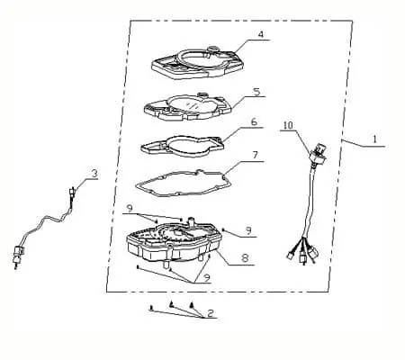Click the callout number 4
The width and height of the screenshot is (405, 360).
[x=261, y=34]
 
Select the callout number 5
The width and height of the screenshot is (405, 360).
[x=256, y=92]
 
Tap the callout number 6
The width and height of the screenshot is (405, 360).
[x=254, y=122]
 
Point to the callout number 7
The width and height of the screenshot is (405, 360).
[x=255, y=156]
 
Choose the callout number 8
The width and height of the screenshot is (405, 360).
[x=245, y=257]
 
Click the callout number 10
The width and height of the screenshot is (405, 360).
[x=288, y=125]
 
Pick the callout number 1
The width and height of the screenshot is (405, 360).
[x=374, y=139]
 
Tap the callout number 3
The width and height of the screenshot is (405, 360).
[x=94, y=174]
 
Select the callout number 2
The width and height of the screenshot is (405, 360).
[x=210, y=313]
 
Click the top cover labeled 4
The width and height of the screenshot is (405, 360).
[x=197, y=62]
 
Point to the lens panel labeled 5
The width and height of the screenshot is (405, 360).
[x=188, y=105]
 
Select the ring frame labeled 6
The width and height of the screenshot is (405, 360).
[x=183, y=146]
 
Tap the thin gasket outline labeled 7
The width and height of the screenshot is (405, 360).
[x=182, y=183]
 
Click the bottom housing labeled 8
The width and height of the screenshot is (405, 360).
[x=174, y=241]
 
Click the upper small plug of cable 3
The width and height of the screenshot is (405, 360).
[x=72, y=192]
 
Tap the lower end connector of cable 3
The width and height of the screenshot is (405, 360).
[x=18, y=255]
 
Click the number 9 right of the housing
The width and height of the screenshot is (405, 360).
[x=248, y=230]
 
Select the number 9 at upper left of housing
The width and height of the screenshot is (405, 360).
[x=130, y=208]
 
